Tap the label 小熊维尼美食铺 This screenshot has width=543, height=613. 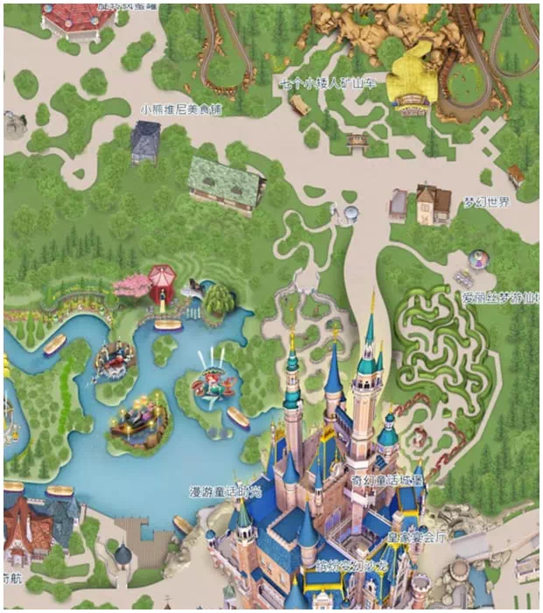[182, 110]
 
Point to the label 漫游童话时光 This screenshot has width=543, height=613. [225, 491]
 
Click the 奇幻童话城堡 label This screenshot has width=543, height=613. [387, 480]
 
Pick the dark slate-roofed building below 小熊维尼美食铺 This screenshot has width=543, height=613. [145, 141]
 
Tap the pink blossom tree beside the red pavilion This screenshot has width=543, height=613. [132, 285]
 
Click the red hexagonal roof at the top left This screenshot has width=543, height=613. [80, 17]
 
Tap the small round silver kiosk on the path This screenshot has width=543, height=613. [350, 213]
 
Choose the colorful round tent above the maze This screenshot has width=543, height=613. [478, 259]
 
